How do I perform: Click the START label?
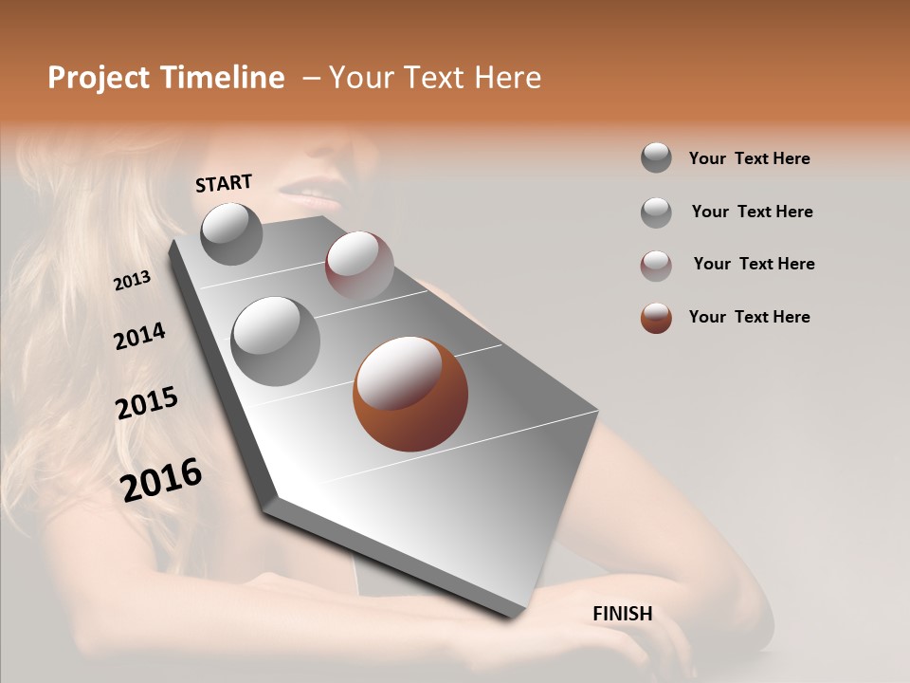pyautogui.click(x=224, y=183)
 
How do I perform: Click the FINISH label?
pyautogui.click(x=622, y=614)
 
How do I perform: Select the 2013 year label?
pyautogui.click(x=132, y=281)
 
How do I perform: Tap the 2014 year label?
pyautogui.click(x=139, y=336)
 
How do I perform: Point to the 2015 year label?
pyautogui.click(x=147, y=403)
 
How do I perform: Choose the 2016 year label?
pyautogui.click(x=161, y=479)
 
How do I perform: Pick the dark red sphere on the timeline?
pyautogui.click(x=359, y=267)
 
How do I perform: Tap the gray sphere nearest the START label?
pyautogui.click(x=231, y=234)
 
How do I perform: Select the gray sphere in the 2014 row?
pyautogui.click(x=275, y=341)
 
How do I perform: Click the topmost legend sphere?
pyautogui.click(x=656, y=157)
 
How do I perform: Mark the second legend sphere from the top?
pyautogui.click(x=656, y=212)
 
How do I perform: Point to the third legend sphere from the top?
pyautogui.click(x=656, y=266)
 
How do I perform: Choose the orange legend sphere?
pyautogui.click(x=656, y=318)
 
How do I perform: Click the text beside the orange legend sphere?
pyautogui.click(x=749, y=317)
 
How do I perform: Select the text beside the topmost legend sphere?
pyautogui.click(x=749, y=158)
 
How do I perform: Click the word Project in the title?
pyautogui.click(x=100, y=78)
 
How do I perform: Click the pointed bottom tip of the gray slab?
pyautogui.click(x=516, y=617)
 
